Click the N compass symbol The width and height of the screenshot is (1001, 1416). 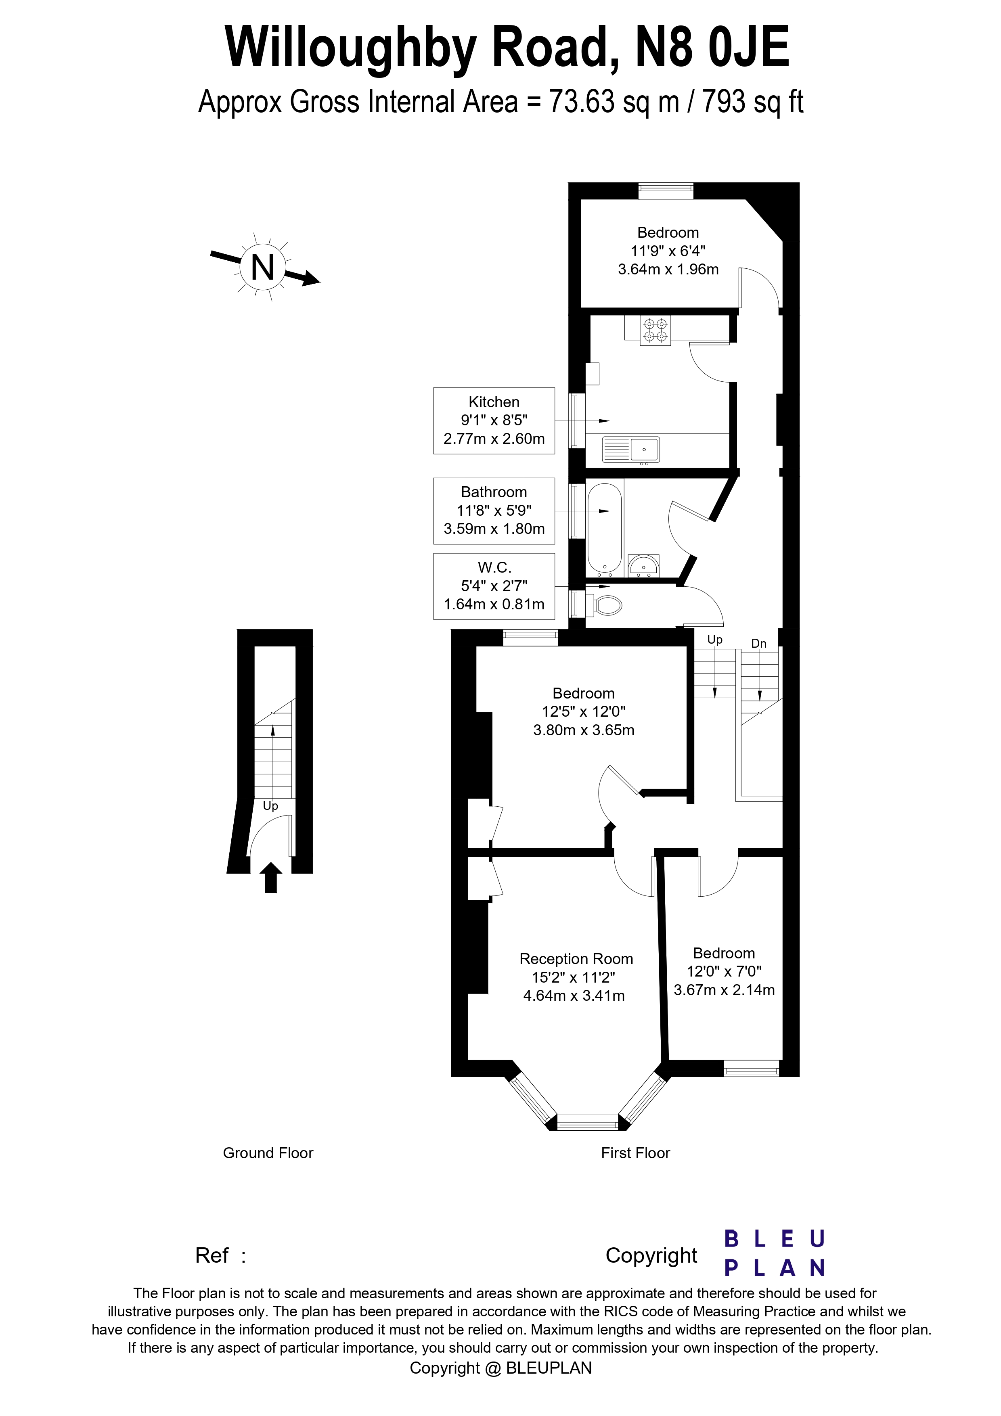click(263, 268)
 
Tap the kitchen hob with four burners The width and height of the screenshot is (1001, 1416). click(655, 330)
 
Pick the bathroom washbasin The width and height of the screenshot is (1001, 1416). click(643, 565)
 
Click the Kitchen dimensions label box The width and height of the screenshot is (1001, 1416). click(494, 420)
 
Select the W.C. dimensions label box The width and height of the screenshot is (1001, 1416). click(494, 586)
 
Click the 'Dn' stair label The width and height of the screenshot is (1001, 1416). click(758, 643)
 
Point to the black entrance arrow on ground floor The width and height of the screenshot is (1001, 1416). click(271, 877)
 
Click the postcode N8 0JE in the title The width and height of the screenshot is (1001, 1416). click(712, 48)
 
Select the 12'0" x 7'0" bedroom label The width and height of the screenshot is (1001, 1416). click(724, 971)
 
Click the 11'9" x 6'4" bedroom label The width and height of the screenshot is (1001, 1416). click(668, 251)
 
